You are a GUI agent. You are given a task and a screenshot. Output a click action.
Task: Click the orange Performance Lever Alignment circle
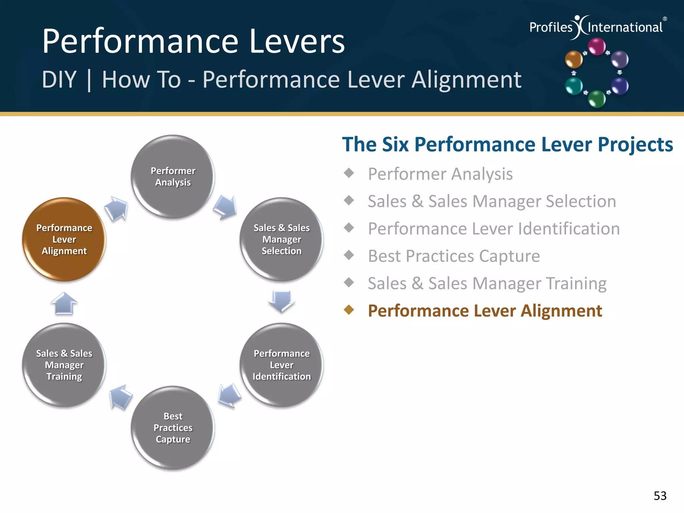(64, 239)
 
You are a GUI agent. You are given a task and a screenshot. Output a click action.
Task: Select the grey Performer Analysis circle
(173, 176)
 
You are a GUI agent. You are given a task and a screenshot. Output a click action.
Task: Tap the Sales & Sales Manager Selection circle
(282, 239)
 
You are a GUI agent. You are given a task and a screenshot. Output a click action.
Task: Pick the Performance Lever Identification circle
(282, 365)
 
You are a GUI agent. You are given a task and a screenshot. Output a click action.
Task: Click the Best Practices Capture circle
(173, 427)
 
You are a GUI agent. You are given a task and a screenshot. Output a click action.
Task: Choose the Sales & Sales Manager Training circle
(64, 365)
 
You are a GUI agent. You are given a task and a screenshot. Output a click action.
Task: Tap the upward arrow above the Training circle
(64, 303)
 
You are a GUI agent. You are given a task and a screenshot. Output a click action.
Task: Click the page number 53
(660, 496)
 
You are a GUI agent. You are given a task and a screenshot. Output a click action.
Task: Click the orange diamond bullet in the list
(349, 310)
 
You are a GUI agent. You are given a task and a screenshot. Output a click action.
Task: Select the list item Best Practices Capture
(454, 256)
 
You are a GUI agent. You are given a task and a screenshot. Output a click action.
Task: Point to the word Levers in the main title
(297, 41)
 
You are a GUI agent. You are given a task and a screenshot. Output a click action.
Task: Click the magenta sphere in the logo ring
(596, 46)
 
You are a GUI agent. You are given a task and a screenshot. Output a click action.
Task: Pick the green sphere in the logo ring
(596, 99)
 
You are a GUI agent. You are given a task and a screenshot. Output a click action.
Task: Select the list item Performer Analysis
(440, 174)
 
